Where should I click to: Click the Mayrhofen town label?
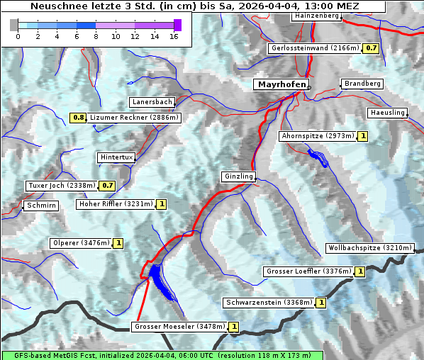pyautogui.click(x=281, y=84)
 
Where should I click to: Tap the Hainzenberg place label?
pyautogui.click(x=316, y=16)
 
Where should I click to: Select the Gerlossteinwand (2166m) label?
pyautogui.click(x=314, y=48)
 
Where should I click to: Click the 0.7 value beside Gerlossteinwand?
pyautogui.click(x=371, y=48)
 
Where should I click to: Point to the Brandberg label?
pyautogui.click(x=362, y=84)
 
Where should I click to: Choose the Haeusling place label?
pyautogui.click(x=387, y=113)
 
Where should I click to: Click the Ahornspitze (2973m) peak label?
pyautogui.click(x=317, y=135)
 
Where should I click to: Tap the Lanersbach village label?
pyautogui.click(x=152, y=102)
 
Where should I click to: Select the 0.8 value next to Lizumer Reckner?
pyautogui.click(x=78, y=117)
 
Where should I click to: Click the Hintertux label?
pyautogui.click(x=116, y=157)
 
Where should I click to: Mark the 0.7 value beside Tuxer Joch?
pyautogui.click(x=107, y=186)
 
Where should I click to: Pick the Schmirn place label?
pyautogui.click(x=40, y=206)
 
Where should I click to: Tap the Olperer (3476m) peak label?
pyautogui.click(x=82, y=243)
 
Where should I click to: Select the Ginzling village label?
pyautogui.click(x=238, y=176)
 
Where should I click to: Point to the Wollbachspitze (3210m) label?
pyautogui.click(x=369, y=248)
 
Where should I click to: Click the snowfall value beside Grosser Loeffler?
pyautogui.click(x=360, y=271)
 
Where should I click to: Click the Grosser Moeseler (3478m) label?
pyautogui.click(x=179, y=327)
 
